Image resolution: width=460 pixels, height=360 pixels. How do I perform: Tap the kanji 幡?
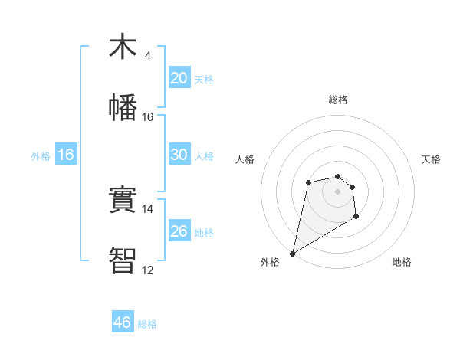tap(123, 107)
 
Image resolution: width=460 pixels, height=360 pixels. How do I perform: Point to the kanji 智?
tap(123, 261)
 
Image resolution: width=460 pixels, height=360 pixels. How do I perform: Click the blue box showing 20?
tap(179, 78)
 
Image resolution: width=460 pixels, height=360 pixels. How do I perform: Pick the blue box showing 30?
tap(179, 155)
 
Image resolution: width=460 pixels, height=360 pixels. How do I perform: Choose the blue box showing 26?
tap(179, 231)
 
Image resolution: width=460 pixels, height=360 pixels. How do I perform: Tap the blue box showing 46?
tap(123, 322)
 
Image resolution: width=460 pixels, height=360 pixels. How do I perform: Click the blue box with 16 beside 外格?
tap(65, 155)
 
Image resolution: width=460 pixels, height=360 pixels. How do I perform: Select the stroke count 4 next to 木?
tap(148, 56)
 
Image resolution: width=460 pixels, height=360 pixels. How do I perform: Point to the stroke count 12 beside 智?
tap(147, 270)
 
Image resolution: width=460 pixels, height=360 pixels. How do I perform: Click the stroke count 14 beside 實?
tap(147, 209)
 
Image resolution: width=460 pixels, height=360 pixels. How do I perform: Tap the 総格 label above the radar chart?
tap(338, 100)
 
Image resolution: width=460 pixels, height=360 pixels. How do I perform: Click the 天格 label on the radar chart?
tap(432, 159)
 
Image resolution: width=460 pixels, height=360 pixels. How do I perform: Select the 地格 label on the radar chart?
tap(402, 263)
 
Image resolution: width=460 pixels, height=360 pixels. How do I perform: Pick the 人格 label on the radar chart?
tap(245, 159)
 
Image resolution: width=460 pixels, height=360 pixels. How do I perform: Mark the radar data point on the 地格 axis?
tap(356, 218)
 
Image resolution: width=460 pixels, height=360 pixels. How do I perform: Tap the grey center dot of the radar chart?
tap(337, 191)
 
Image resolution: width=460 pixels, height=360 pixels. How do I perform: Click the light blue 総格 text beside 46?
tap(147, 324)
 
